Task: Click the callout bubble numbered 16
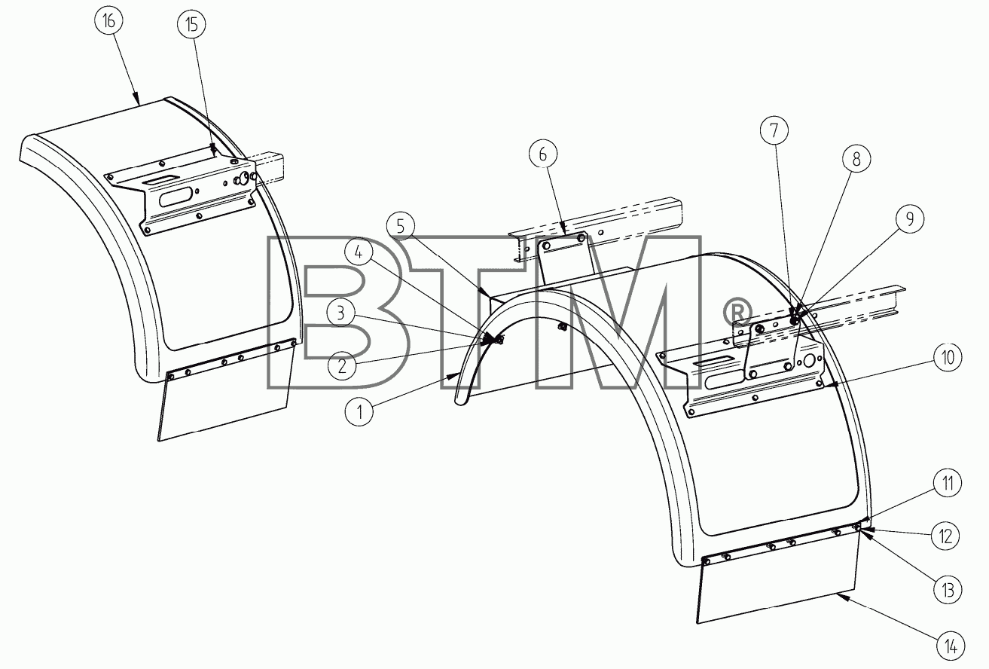[x=109, y=21]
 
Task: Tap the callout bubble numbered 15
[x=191, y=25]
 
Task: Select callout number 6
[x=543, y=154]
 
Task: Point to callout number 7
[x=774, y=130]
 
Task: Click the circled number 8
[x=856, y=159]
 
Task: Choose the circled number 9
[x=910, y=219]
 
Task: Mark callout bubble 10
[x=948, y=357]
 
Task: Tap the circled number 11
[x=948, y=484]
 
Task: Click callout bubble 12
[x=946, y=536]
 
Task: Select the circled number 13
[x=948, y=589]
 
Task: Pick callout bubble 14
[x=951, y=647]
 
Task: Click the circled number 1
[x=359, y=412]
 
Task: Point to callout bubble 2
[x=342, y=366]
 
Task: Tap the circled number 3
[x=341, y=313]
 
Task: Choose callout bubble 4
[x=359, y=252]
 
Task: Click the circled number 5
[x=401, y=226]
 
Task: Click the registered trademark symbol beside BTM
[x=737, y=312]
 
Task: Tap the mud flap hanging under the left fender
[x=225, y=396]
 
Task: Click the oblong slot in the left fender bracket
[x=176, y=197]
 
